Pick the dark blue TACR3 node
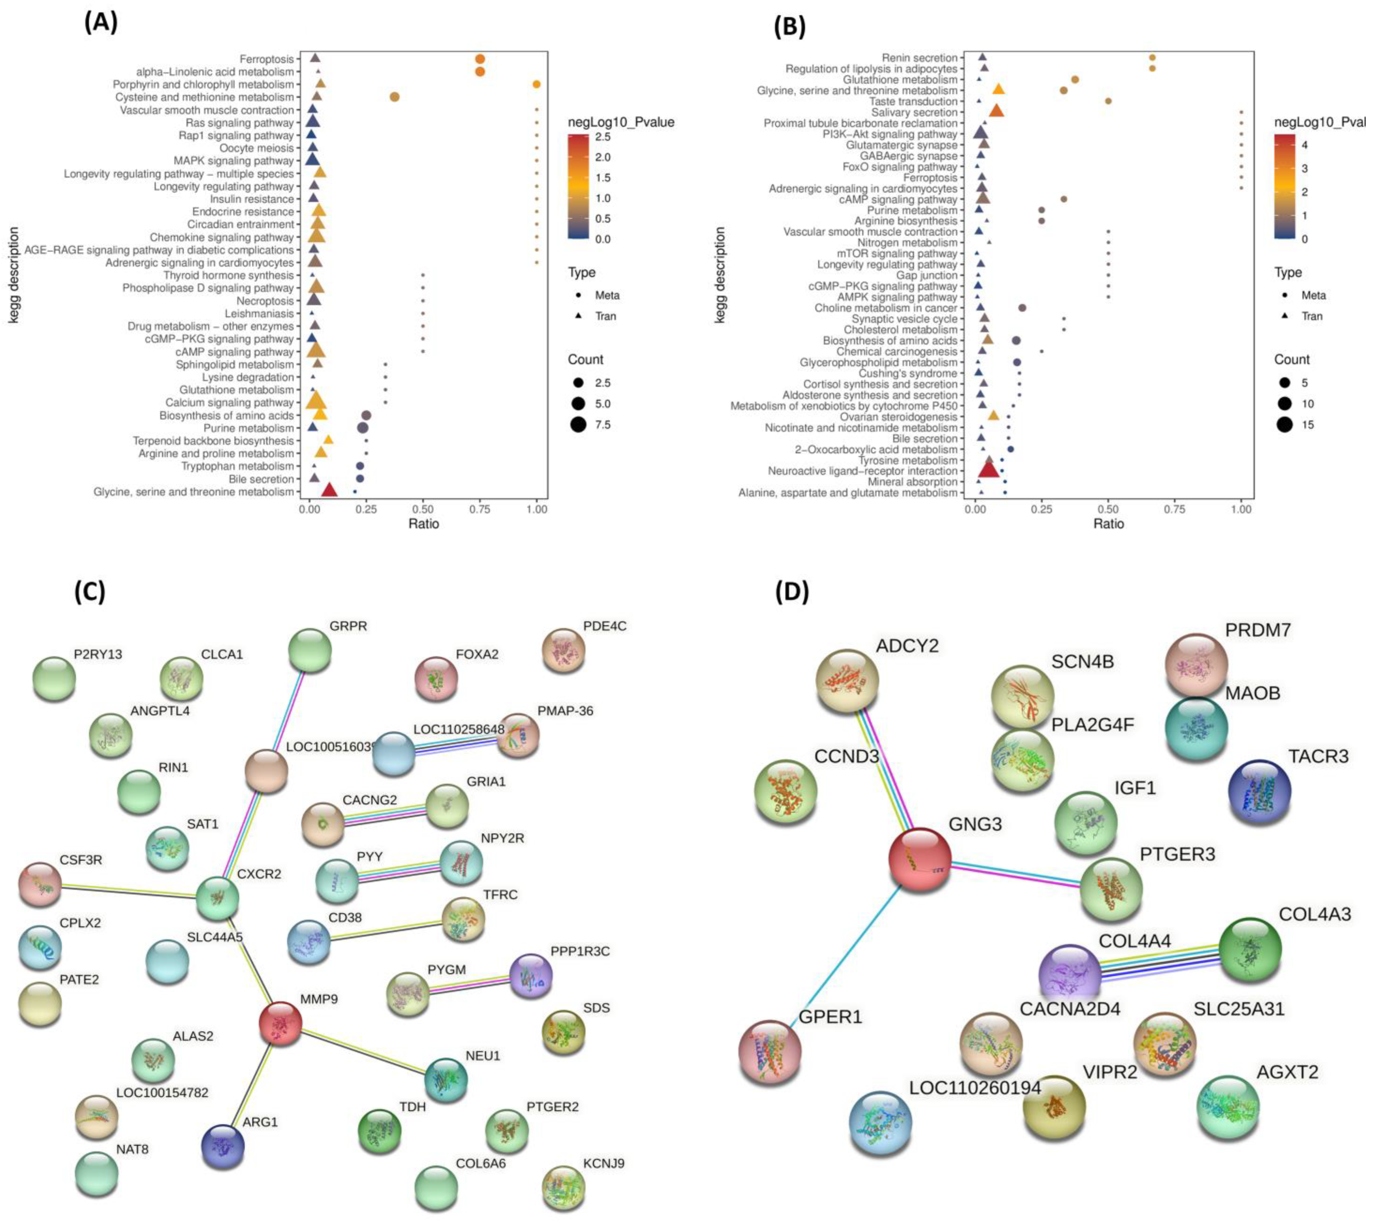[x=1259, y=793]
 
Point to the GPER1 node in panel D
[x=770, y=1052]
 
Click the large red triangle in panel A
[x=329, y=490]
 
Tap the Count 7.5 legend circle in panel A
[x=578, y=425]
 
